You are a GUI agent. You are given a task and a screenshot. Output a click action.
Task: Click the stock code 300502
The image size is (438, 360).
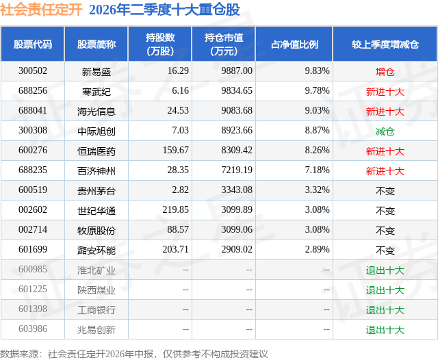[x=33, y=71]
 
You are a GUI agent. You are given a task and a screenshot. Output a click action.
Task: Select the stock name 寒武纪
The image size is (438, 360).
[x=96, y=92]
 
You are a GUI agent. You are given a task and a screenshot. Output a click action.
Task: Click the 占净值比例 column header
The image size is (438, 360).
[x=294, y=44]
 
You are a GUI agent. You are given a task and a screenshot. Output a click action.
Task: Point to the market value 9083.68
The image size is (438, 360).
[x=237, y=111]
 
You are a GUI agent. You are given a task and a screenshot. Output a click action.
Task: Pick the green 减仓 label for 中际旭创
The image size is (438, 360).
[x=385, y=131]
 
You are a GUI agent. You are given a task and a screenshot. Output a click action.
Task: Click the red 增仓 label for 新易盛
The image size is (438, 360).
[x=385, y=72]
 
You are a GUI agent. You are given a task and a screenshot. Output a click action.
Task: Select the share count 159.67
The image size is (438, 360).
[x=176, y=151]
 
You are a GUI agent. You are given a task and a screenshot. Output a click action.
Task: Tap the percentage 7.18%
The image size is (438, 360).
[x=317, y=170]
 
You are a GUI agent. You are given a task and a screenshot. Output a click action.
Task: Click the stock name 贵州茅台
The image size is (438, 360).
[x=96, y=191]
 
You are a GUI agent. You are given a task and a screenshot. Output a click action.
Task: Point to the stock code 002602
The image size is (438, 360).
[x=33, y=209]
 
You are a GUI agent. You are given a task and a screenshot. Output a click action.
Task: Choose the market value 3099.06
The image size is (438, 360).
[x=237, y=229]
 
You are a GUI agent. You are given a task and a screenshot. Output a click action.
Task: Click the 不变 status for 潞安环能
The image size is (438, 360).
[x=385, y=250]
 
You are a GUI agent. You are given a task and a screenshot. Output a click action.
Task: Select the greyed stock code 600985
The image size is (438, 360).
[x=33, y=269]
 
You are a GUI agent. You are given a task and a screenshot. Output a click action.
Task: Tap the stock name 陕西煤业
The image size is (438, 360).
[x=96, y=290]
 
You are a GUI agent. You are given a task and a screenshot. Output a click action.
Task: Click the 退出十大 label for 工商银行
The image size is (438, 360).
[x=385, y=310]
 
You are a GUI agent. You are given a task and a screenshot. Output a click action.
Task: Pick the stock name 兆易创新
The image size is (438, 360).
[x=96, y=330]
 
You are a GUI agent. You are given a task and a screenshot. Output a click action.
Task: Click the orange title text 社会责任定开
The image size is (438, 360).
[x=41, y=10]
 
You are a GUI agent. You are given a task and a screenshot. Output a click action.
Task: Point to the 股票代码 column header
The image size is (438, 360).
[x=33, y=44]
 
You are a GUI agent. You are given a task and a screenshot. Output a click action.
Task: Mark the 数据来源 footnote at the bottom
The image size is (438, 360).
[x=134, y=354]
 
